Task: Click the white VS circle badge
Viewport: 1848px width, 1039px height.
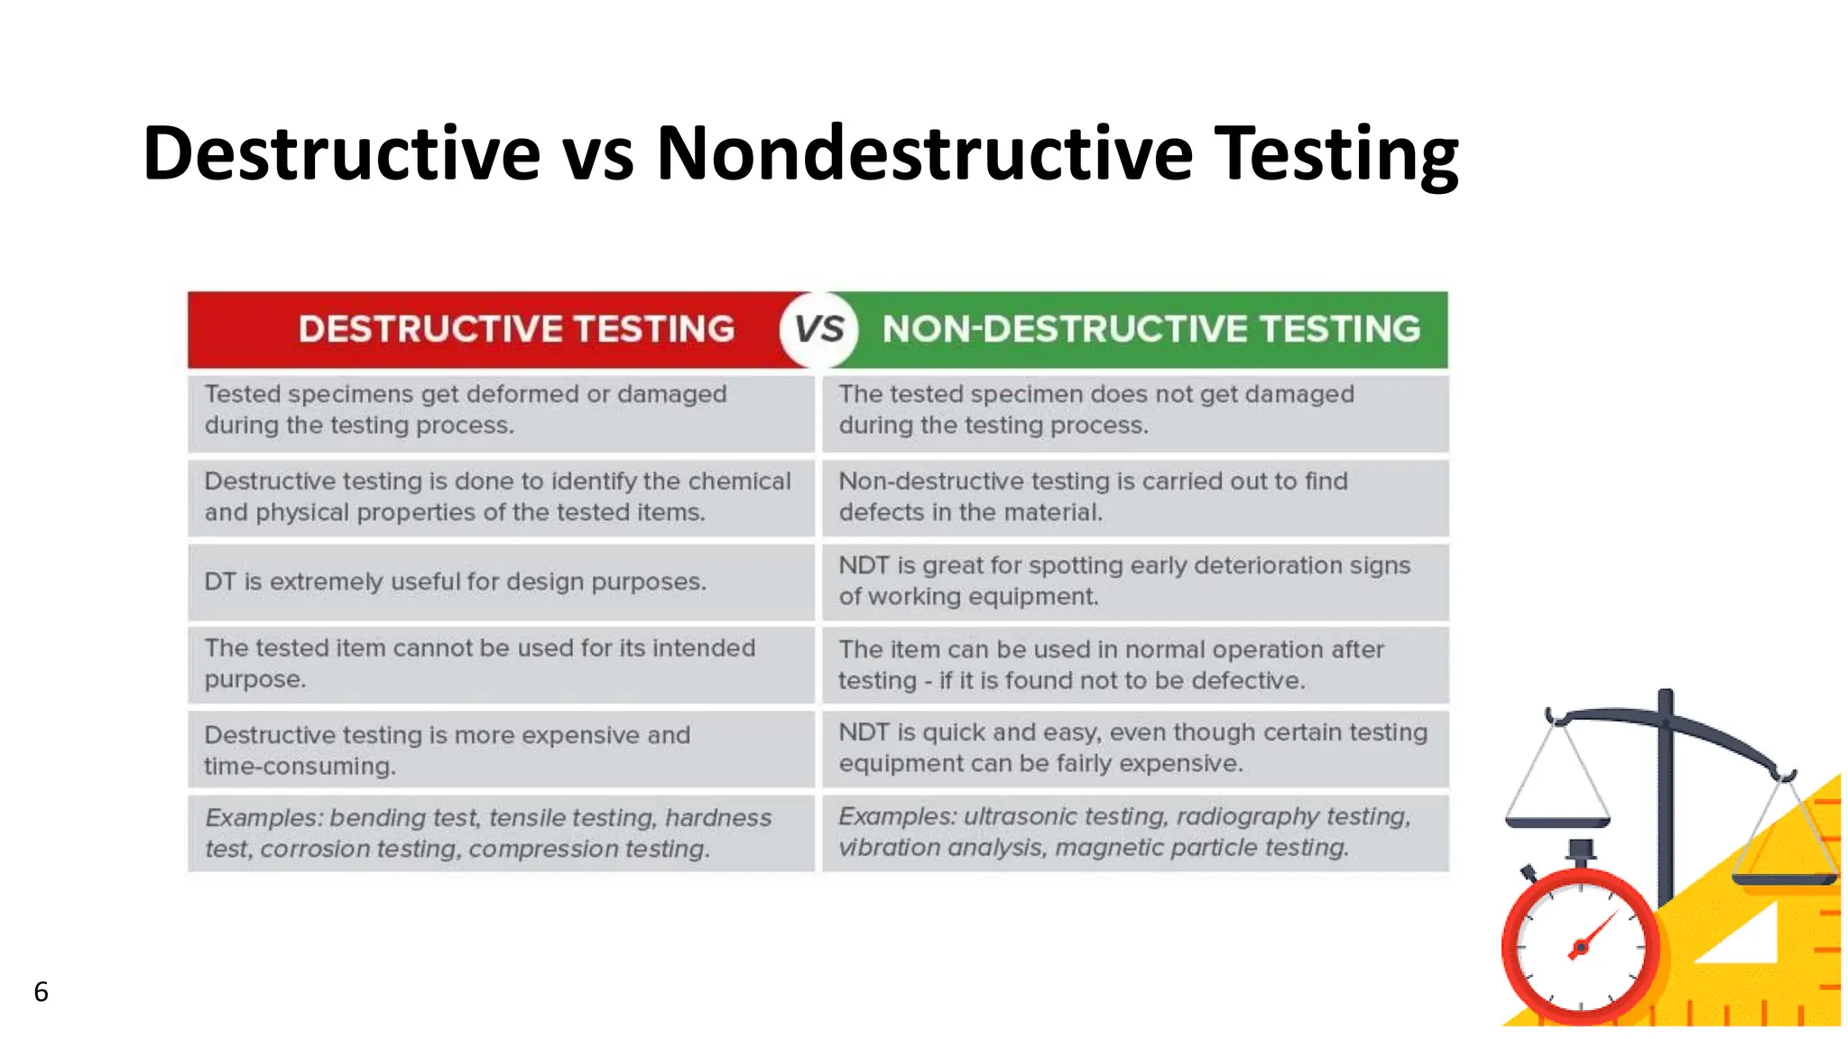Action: click(x=818, y=329)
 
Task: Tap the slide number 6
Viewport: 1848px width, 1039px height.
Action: click(x=41, y=991)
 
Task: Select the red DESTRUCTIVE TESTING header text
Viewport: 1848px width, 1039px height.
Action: click(x=516, y=329)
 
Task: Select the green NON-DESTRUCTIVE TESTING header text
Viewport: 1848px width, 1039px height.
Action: click(x=1150, y=329)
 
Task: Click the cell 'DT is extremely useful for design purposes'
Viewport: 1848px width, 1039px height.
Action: click(x=501, y=582)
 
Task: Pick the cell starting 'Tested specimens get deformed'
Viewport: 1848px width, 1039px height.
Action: click(x=501, y=410)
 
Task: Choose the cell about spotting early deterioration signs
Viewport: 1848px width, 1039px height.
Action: click(x=1134, y=582)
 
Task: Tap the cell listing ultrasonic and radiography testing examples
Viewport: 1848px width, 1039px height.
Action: click(x=1134, y=832)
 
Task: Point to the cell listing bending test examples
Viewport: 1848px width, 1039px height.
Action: click(x=501, y=832)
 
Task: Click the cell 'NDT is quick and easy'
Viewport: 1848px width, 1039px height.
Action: click(x=1134, y=749)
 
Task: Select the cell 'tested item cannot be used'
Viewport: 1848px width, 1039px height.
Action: click(x=501, y=665)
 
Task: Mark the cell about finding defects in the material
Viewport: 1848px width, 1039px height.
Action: click(x=1134, y=497)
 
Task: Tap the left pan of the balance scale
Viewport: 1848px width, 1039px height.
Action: click(x=1557, y=822)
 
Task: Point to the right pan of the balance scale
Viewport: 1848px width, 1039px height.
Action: click(x=1784, y=878)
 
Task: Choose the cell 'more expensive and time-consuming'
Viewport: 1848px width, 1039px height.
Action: click(x=501, y=749)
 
